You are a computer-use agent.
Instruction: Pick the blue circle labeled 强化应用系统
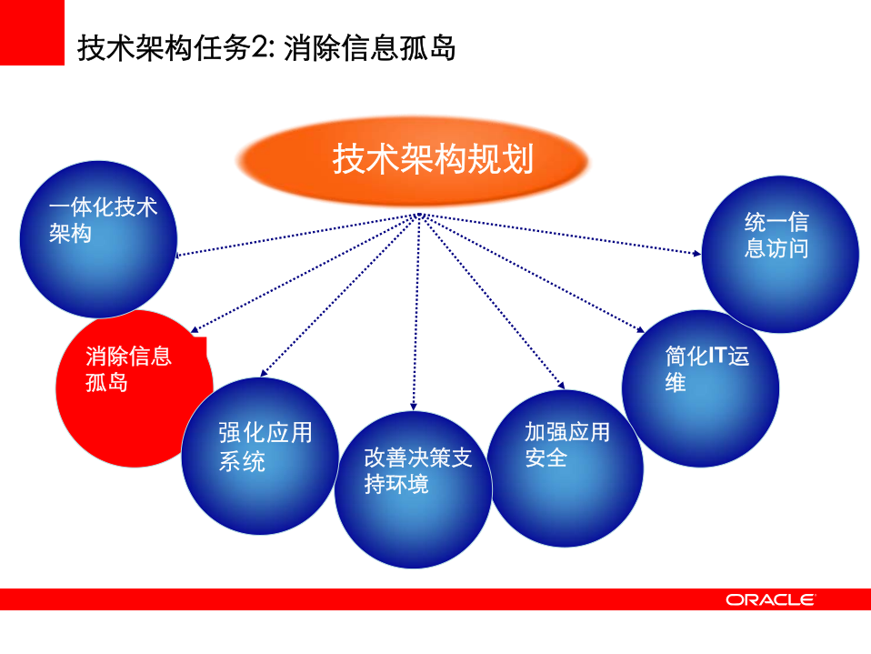coord(260,455)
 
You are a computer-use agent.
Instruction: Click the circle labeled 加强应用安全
coord(566,468)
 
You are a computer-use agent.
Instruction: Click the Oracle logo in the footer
coord(770,599)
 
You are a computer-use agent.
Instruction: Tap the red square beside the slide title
coord(32,33)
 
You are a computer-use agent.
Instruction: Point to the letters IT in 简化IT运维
coord(716,356)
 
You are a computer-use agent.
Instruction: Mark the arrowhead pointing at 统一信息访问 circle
coord(697,252)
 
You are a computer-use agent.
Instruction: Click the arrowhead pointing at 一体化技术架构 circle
coord(179,256)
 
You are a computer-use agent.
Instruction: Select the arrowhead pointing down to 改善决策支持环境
coord(415,405)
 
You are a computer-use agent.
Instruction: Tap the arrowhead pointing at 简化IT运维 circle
coord(639,331)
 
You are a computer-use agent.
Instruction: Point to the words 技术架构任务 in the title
coord(163,47)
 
